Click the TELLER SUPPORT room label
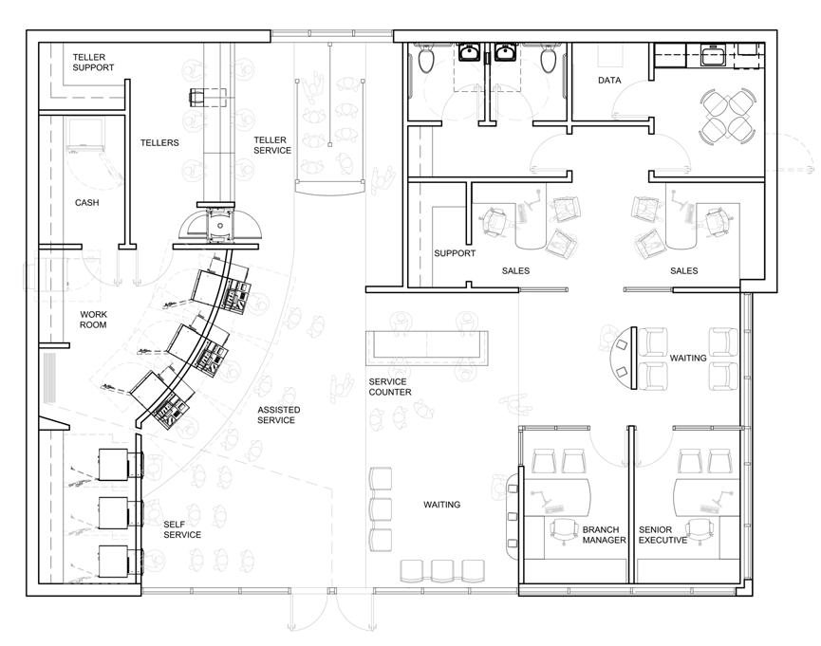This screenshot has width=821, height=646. (x=93, y=63)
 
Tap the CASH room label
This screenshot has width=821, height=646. (x=87, y=203)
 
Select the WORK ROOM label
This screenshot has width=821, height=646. (x=93, y=320)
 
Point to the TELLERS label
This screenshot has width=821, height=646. (x=159, y=142)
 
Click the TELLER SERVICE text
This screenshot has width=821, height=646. (x=272, y=145)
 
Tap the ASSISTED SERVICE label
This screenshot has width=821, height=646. (x=278, y=415)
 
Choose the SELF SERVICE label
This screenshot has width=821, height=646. (x=182, y=529)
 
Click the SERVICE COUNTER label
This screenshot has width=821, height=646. (x=390, y=387)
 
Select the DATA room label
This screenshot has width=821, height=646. (x=609, y=80)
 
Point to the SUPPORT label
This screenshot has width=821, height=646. (x=455, y=253)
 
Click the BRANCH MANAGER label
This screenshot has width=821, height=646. (x=605, y=534)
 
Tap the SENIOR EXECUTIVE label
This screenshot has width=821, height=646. (x=662, y=534)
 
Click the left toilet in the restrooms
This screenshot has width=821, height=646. (x=425, y=59)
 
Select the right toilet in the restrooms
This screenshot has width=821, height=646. (x=549, y=59)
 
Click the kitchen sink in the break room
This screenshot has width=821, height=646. (x=713, y=55)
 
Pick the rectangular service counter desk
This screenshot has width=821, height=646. (x=427, y=347)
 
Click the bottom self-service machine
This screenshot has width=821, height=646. (x=121, y=561)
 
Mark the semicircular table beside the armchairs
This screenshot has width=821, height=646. (x=623, y=358)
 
